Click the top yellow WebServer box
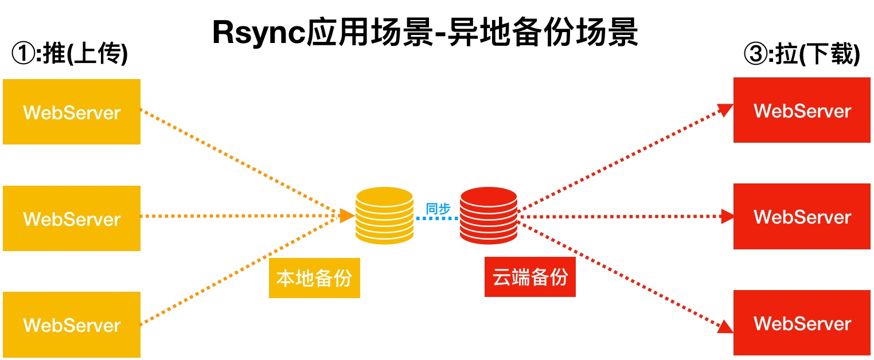[x=72, y=112]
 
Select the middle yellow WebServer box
[x=72, y=218]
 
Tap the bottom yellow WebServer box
[x=72, y=324]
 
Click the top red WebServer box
[x=802, y=110]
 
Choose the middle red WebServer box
[x=802, y=217]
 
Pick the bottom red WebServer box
[x=802, y=323]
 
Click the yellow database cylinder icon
[x=384, y=216]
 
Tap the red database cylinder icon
[x=489, y=216]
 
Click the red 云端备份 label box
[x=530, y=277]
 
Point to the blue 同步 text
[x=438, y=209]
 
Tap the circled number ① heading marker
[x=23, y=55]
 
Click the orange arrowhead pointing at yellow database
[x=347, y=216]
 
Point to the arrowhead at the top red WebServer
[x=727, y=109]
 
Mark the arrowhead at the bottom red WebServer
[x=726, y=326]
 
